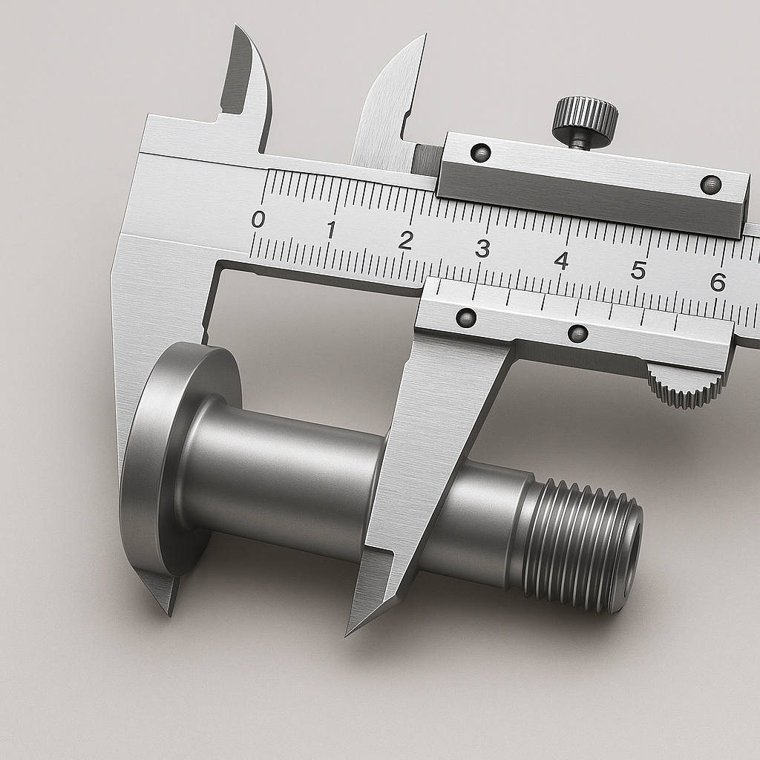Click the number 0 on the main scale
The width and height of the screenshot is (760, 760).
click(258, 219)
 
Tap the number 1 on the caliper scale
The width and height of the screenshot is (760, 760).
click(330, 229)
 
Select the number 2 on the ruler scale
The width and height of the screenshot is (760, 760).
click(405, 240)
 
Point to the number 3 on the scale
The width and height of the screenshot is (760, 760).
click(482, 249)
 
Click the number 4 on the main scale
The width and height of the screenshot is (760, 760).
click(561, 261)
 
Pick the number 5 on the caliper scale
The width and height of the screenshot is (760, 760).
click(638, 271)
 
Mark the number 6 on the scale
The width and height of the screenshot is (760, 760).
click(717, 282)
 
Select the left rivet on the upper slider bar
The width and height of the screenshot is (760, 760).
click(482, 152)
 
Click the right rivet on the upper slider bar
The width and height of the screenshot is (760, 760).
click(710, 183)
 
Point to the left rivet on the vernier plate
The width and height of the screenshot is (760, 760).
click(466, 318)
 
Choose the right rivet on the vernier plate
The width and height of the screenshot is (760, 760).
click(577, 333)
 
